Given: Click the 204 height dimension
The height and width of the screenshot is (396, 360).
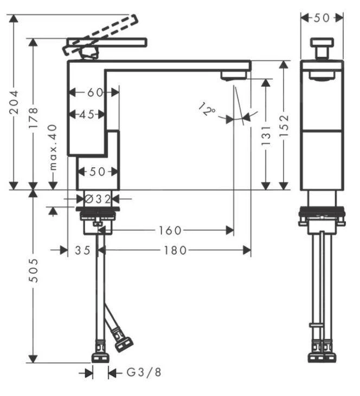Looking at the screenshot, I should (15, 102).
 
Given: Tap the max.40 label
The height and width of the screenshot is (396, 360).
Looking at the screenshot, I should (53, 154).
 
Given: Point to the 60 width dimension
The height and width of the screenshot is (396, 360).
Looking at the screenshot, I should (95, 93).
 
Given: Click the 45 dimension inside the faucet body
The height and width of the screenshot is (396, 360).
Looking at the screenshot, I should (86, 114).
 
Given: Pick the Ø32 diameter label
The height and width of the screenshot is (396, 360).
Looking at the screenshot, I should (98, 199).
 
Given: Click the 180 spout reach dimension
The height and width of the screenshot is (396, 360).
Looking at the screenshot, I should (175, 250).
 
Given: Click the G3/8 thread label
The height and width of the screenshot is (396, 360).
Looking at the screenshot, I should (144, 373).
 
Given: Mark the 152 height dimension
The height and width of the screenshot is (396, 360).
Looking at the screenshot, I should (284, 126).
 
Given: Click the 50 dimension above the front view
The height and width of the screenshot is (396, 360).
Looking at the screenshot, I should (322, 18).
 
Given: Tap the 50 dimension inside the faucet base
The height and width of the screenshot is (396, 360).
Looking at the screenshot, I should (97, 172).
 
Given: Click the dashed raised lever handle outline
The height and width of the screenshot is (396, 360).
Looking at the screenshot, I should (103, 33).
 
